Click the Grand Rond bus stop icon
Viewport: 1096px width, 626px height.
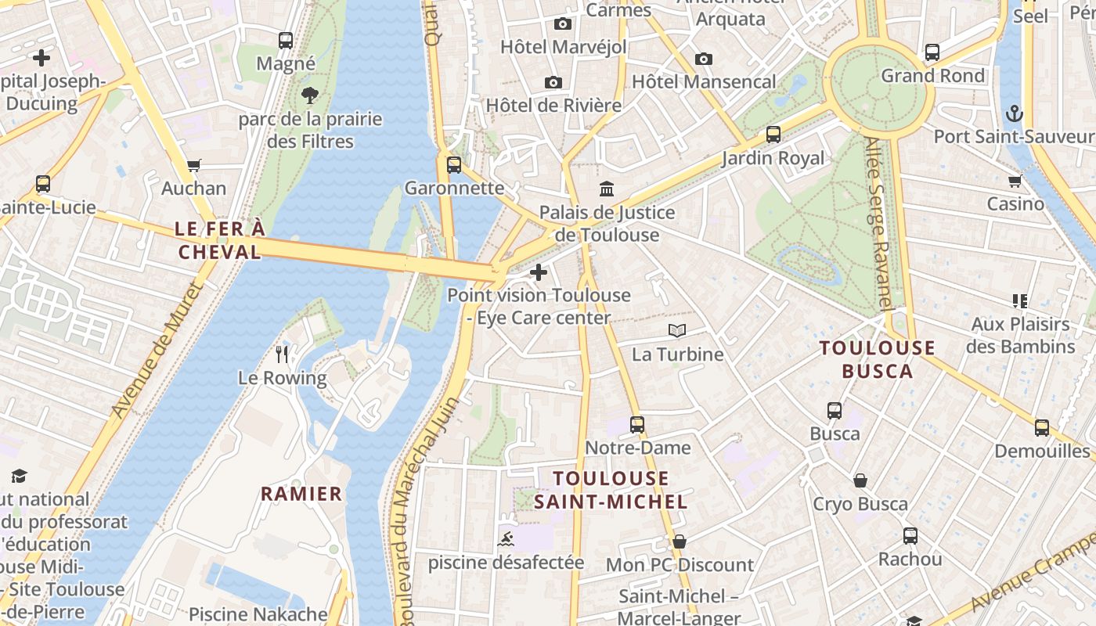[932, 52]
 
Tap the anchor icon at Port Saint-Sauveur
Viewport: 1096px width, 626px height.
[1014, 113]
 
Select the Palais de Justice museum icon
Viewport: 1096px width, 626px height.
[607, 189]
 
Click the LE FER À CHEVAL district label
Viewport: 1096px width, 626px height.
[219, 240]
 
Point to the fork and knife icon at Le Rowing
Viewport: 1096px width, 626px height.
[282, 354]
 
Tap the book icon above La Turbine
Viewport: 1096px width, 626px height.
[677, 331]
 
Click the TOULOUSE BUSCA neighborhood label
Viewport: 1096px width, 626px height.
[878, 359]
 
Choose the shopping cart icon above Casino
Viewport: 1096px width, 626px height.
[1015, 182]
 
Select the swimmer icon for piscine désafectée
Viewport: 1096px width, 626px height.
[506, 539]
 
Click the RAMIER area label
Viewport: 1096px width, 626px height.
[301, 494]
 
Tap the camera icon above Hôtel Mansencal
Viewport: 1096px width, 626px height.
[703, 59]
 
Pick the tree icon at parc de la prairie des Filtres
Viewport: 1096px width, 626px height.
[310, 95]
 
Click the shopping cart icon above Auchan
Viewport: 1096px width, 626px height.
[193, 165]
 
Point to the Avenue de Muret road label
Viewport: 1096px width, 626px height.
[157, 350]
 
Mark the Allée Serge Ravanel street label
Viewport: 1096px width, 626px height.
[880, 223]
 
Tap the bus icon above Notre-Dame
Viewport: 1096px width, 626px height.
[637, 425]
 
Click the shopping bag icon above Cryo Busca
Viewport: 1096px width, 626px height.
[860, 480]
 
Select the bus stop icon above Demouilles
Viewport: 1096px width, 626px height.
[1041, 428]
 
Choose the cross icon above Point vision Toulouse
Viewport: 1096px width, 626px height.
[539, 272]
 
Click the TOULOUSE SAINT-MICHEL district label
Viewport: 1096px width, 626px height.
[611, 490]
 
